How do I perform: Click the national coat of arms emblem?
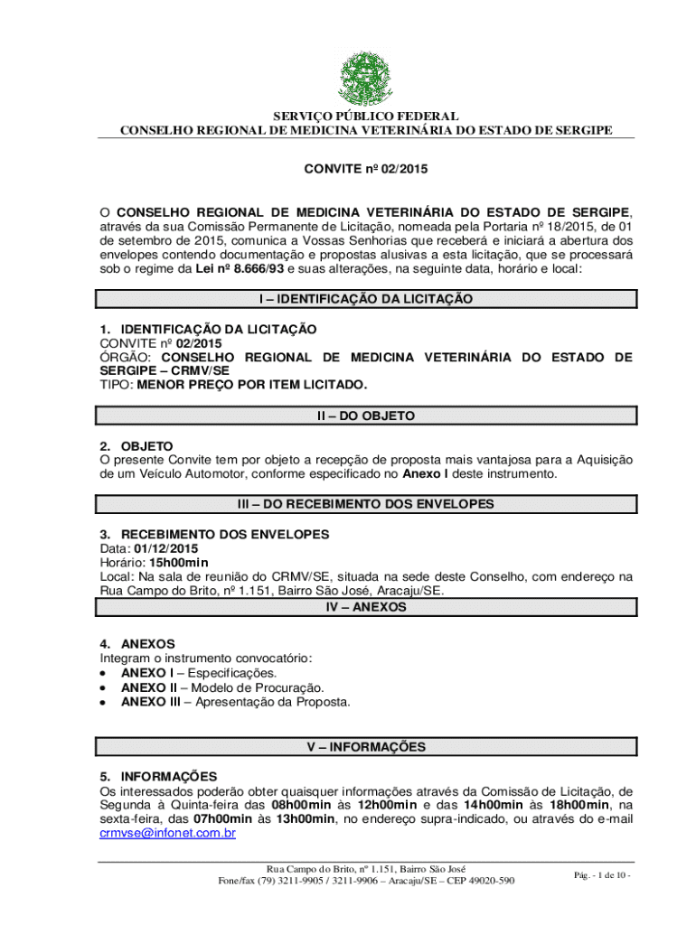366,78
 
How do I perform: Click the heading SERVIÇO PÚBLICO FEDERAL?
366,117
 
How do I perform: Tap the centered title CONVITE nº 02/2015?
366,169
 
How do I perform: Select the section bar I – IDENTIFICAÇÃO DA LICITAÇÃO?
367,299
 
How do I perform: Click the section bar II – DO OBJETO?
367,416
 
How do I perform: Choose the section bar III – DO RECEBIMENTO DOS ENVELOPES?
367,504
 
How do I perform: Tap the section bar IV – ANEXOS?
367,608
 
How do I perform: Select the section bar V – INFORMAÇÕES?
367,747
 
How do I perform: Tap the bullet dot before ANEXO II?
106,687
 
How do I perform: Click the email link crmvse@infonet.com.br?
167,834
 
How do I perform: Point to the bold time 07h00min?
225,819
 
